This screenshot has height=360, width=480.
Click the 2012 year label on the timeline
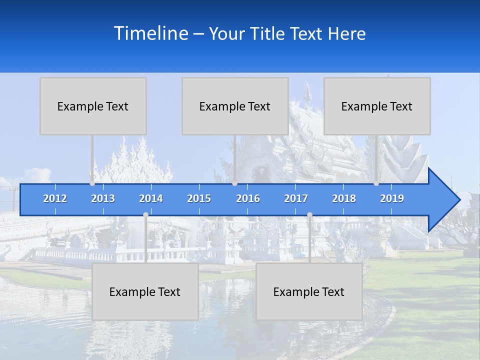click(x=55, y=198)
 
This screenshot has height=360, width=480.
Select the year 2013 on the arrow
click(x=103, y=198)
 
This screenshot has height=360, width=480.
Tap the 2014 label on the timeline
click(x=151, y=198)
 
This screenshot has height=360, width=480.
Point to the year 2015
click(x=199, y=198)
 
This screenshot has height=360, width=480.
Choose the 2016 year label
click(x=248, y=198)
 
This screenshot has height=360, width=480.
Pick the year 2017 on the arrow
click(x=296, y=198)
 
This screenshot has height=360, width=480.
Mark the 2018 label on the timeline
click(x=344, y=198)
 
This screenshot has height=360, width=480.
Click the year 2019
click(x=392, y=198)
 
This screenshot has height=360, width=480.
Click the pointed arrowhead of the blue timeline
click(x=445, y=199)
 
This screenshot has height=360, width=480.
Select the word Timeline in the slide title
click(x=151, y=33)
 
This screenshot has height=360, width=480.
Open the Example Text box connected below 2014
click(x=145, y=291)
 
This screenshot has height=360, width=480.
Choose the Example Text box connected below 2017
click(x=309, y=291)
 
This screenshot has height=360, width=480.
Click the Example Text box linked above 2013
click(x=93, y=106)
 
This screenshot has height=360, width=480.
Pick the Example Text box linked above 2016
click(x=235, y=106)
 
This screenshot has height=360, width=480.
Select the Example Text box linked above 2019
click(x=377, y=106)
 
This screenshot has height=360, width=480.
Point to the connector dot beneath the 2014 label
click(x=145, y=214)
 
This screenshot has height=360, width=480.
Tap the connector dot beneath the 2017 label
click(x=309, y=214)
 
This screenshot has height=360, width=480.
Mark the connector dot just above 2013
click(x=92, y=183)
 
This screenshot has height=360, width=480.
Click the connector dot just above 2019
click(x=376, y=183)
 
